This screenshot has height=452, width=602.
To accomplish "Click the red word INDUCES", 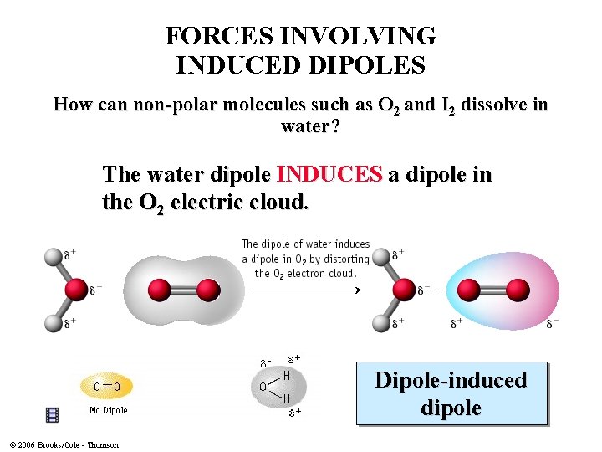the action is pos(329,175).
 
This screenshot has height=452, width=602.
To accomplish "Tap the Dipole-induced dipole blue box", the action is pos(451,393).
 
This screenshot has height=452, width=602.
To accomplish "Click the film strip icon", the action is pos(53,414).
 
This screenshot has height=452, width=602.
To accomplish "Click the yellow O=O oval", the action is pos(106,386).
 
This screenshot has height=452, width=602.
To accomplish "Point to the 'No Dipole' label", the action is pos(109,410).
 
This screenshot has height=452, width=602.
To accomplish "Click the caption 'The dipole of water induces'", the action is pos(305,244).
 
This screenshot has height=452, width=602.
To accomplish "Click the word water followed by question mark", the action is pos(305,126).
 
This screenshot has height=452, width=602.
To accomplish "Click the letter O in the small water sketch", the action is pos(263,387).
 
